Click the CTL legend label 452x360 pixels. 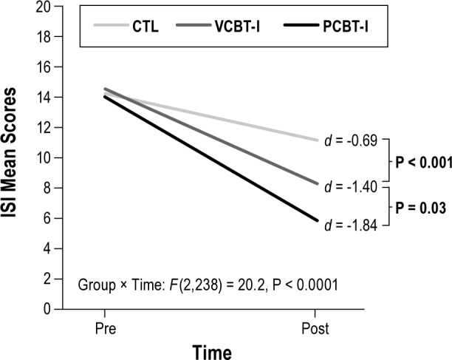coord(145,27)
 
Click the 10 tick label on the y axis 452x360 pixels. coord(49,157)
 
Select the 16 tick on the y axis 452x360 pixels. coord(49,67)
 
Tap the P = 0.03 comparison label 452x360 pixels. coord(417,208)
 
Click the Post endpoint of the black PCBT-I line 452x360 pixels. coord(318,220)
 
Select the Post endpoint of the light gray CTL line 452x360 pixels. coord(318,140)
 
